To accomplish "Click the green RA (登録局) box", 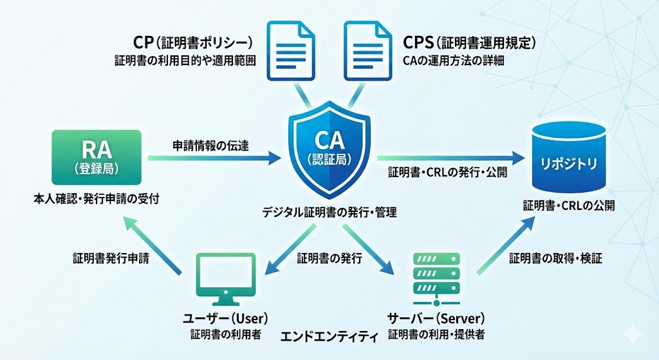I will (97, 156).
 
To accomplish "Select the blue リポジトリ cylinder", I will (569, 158).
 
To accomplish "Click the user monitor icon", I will (223, 278).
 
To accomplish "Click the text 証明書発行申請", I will (111, 258).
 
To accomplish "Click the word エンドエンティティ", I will (329, 336).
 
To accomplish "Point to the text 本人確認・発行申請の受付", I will (96, 198).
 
